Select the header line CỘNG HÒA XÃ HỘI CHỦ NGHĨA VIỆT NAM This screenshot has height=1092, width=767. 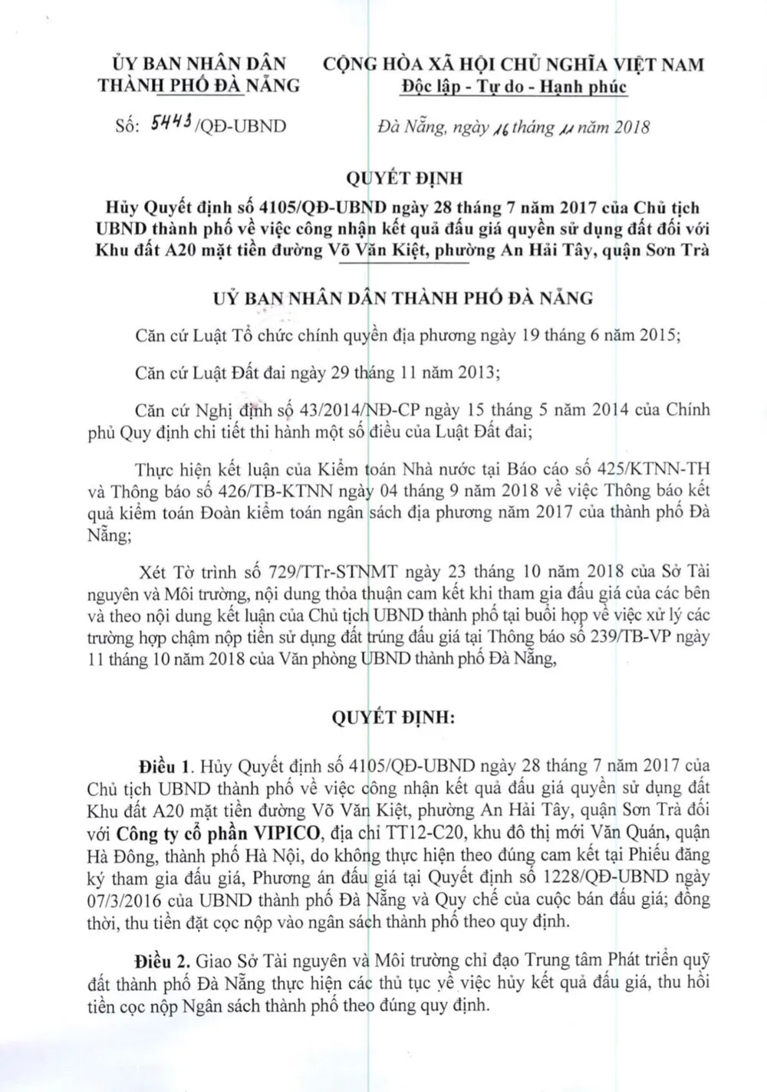tap(513, 64)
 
